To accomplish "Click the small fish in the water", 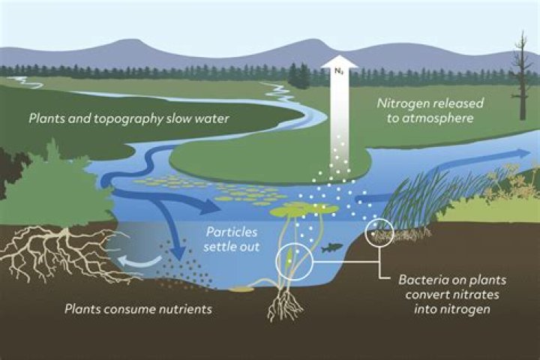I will (x=331, y=247).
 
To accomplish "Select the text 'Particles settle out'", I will (x=232, y=238).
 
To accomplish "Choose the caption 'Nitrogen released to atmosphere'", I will (x=430, y=110).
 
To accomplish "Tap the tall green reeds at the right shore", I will (x=420, y=197).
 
